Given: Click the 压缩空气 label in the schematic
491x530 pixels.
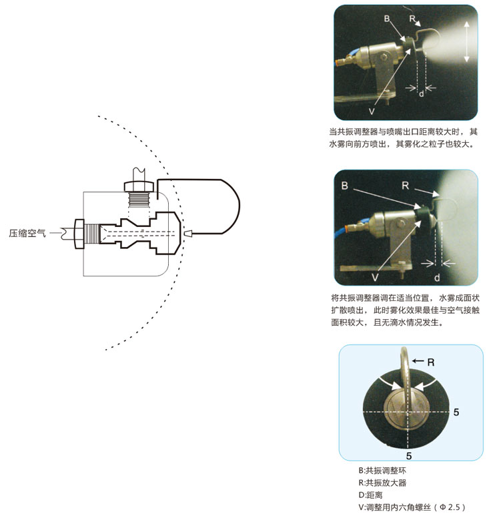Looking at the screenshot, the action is tap(27, 233).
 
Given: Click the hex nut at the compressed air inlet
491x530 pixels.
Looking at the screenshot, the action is tap(79, 234).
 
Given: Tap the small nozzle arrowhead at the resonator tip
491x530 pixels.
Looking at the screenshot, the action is tap(188, 233).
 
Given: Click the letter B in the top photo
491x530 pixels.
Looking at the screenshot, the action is tap(387, 19).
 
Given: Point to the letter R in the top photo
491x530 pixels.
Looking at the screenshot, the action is tap(412, 19).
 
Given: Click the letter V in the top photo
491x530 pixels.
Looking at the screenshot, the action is tap(372, 111).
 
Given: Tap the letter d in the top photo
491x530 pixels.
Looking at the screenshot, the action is tap(422, 93).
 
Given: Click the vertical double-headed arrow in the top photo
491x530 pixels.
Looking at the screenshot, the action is tap(467, 41).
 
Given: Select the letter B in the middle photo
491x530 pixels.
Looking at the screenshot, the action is tap(344, 186).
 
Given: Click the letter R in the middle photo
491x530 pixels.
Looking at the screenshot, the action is tap(405, 186).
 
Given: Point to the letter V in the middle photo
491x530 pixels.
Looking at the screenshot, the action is tap(375, 278).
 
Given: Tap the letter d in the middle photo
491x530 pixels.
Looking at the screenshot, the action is tap(437, 278).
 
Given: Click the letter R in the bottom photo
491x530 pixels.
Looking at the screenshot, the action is tap(431, 362).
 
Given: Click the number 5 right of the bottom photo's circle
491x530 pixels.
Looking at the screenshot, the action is tap(456, 412).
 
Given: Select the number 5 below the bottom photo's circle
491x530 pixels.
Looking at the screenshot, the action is tap(408, 457).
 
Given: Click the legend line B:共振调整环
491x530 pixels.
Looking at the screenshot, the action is tap(382, 471).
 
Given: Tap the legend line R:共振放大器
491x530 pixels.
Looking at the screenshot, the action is tap(382, 483).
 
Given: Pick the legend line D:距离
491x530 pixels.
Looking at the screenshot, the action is tap(371, 495).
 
